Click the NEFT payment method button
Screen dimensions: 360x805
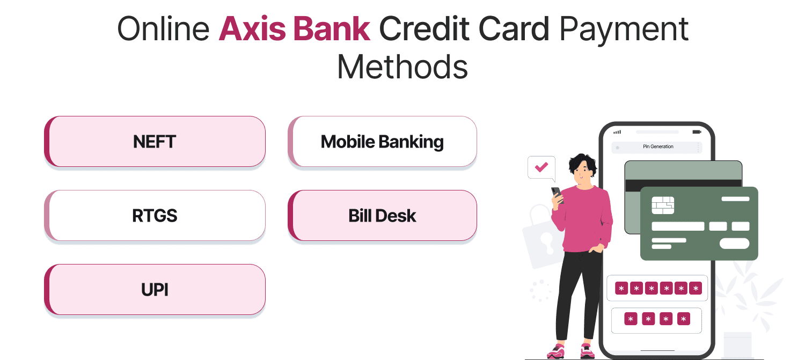coord(155,142)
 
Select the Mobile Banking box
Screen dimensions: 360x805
coord(382,142)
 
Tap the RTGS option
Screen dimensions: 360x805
coord(155,216)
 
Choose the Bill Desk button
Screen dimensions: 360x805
coord(382,216)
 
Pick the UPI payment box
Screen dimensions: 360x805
coord(155,290)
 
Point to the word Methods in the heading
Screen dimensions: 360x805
coord(402,68)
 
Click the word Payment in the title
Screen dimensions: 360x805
coord(624,29)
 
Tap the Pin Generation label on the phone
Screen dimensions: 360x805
coord(658,146)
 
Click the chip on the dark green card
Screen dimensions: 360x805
coord(663,205)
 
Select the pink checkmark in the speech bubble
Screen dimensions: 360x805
coord(541,167)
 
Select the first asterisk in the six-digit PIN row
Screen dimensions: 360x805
coord(621,289)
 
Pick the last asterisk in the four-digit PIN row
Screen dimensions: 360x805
coord(683,320)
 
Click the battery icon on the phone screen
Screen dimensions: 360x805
coord(697,131)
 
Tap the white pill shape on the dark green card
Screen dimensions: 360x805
coord(734,243)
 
